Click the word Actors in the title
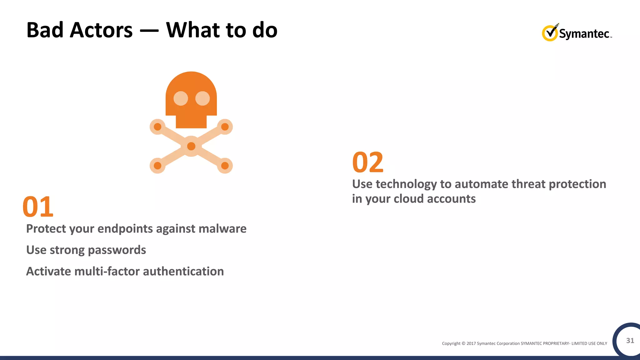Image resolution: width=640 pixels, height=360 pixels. [101, 30]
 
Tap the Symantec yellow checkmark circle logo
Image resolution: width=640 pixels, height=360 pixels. [550, 33]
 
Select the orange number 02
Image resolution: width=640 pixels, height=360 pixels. [368, 162]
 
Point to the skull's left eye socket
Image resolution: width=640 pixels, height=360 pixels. [181, 98]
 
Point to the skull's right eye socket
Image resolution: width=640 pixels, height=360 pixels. [202, 98]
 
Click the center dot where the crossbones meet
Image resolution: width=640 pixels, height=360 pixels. [191, 146]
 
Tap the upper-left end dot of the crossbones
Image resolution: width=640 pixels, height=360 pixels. [157, 127]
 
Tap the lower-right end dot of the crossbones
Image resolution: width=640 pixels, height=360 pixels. [225, 166]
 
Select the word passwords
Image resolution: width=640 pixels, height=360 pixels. [117, 250]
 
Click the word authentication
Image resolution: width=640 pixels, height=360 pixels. [183, 271]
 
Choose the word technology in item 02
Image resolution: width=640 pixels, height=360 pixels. [406, 184]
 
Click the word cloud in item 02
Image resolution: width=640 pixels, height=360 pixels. [408, 199]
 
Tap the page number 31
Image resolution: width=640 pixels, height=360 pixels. [630, 341]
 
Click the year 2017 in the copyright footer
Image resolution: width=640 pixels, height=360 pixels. [471, 343]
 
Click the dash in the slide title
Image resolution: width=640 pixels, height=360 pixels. [149, 31]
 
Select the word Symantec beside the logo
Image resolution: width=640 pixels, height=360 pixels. [584, 34]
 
